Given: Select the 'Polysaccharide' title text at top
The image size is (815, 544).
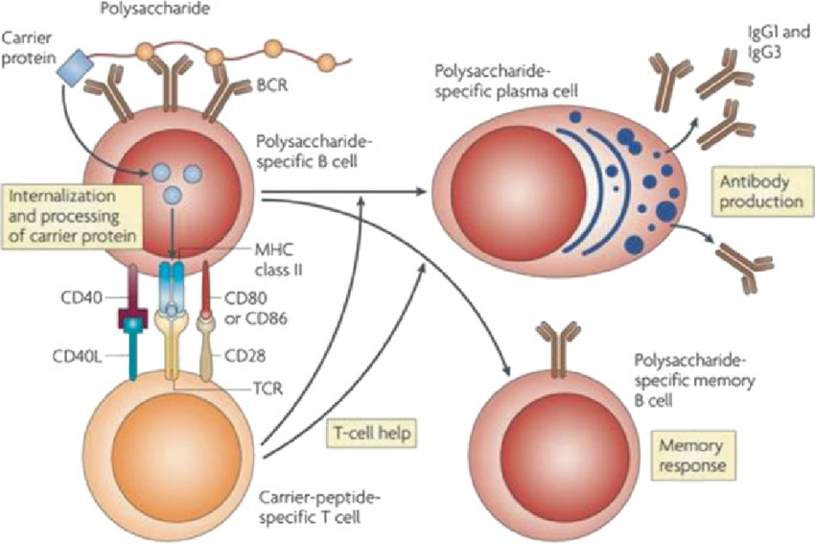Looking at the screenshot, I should pyautogui.click(x=148, y=11).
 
